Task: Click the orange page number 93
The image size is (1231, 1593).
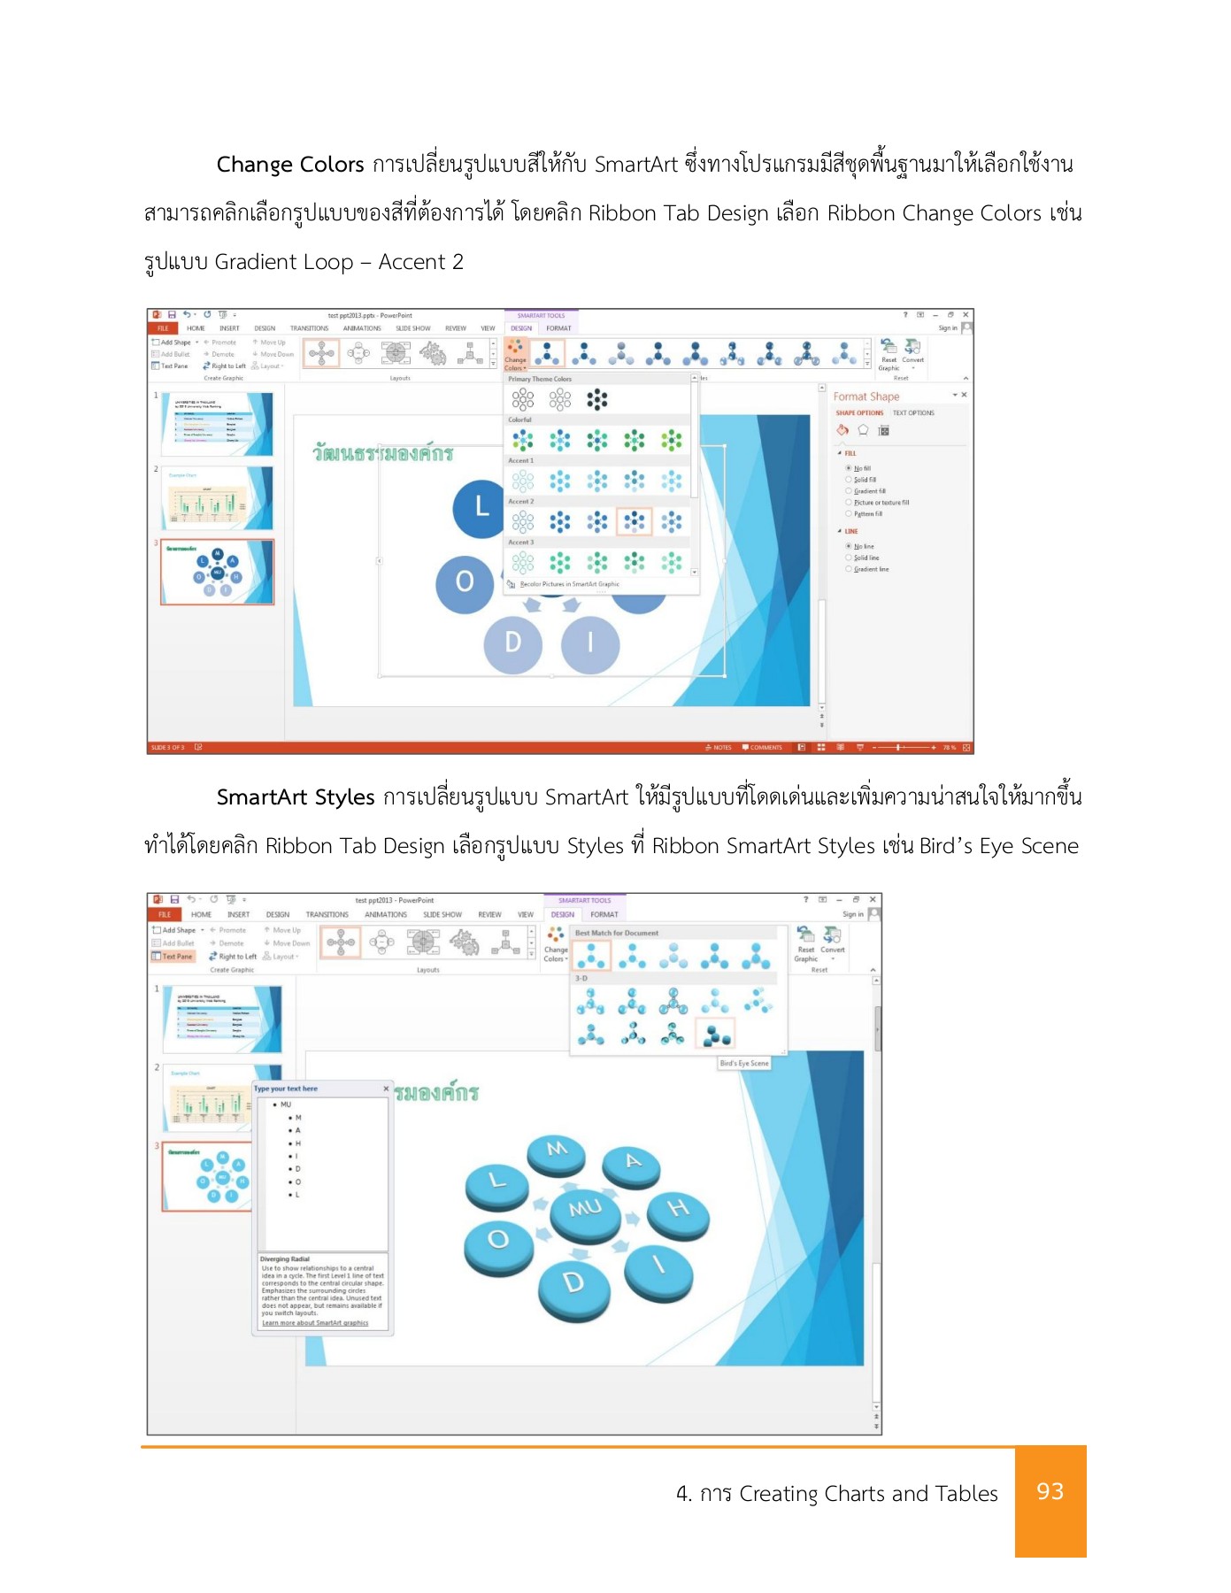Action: (x=1050, y=1491)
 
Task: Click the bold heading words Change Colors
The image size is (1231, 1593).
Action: (x=289, y=165)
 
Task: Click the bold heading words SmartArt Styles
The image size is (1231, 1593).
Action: (x=296, y=797)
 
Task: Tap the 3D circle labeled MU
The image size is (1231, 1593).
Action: (x=585, y=1210)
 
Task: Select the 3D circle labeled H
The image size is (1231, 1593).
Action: (x=678, y=1210)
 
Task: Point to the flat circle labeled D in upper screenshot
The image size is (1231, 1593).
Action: (x=512, y=643)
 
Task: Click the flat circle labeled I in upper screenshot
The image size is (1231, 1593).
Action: (x=590, y=643)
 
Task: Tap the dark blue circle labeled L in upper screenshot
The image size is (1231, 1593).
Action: (x=481, y=507)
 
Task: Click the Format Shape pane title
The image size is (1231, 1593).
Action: (x=866, y=396)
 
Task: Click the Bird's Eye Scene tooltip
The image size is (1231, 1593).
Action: (x=744, y=1063)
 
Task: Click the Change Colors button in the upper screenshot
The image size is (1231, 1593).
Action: (x=515, y=354)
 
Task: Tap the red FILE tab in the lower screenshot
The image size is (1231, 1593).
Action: (x=165, y=914)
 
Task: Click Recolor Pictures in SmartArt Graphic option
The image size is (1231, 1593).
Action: (x=568, y=584)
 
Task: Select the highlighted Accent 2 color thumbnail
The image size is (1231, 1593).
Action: (x=634, y=521)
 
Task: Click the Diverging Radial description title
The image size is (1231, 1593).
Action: (x=285, y=1258)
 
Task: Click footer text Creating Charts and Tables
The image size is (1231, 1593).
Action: (x=867, y=1494)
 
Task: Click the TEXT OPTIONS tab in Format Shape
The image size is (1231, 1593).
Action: (x=913, y=412)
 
